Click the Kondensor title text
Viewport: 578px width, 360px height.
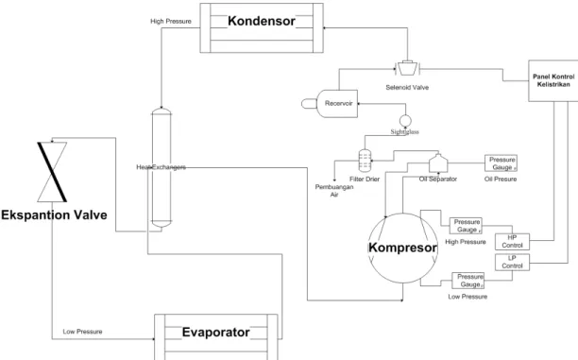point(262,21)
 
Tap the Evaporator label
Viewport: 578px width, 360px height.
point(215,332)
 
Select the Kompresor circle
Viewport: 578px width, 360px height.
point(369,248)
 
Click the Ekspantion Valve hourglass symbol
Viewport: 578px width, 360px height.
point(52,172)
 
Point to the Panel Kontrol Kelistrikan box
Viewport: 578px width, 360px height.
point(553,80)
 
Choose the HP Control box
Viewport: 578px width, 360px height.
point(512,242)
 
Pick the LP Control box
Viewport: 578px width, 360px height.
point(512,263)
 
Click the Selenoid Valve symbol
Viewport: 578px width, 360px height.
point(407,68)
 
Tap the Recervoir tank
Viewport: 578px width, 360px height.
point(330,104)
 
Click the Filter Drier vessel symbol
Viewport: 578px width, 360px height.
point(365,161)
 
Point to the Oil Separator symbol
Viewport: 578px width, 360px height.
point(438,163)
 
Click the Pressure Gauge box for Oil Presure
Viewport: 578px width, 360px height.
point(501,163)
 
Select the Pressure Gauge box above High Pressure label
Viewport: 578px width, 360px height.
point(466,226)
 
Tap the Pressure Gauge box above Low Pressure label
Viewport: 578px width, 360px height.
point(468,281)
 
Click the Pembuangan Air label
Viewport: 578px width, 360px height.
point(334,191)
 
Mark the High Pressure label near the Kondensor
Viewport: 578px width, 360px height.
point(171,22)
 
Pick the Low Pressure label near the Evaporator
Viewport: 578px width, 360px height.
point(82,332)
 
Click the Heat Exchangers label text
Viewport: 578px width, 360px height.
point(161,167)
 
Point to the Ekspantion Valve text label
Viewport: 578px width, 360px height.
point(54,215)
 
